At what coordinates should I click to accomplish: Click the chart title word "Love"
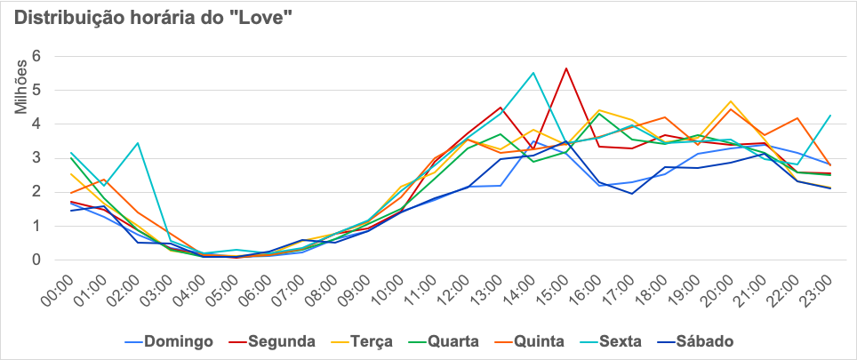[261, 19]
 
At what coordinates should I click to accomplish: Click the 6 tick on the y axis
[36, 56]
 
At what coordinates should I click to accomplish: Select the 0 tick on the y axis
[36, 260]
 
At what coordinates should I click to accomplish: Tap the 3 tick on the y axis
[36, 158]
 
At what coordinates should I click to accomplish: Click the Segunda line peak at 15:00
[565, 68]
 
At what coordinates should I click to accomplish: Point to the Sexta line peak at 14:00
[533, 73]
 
